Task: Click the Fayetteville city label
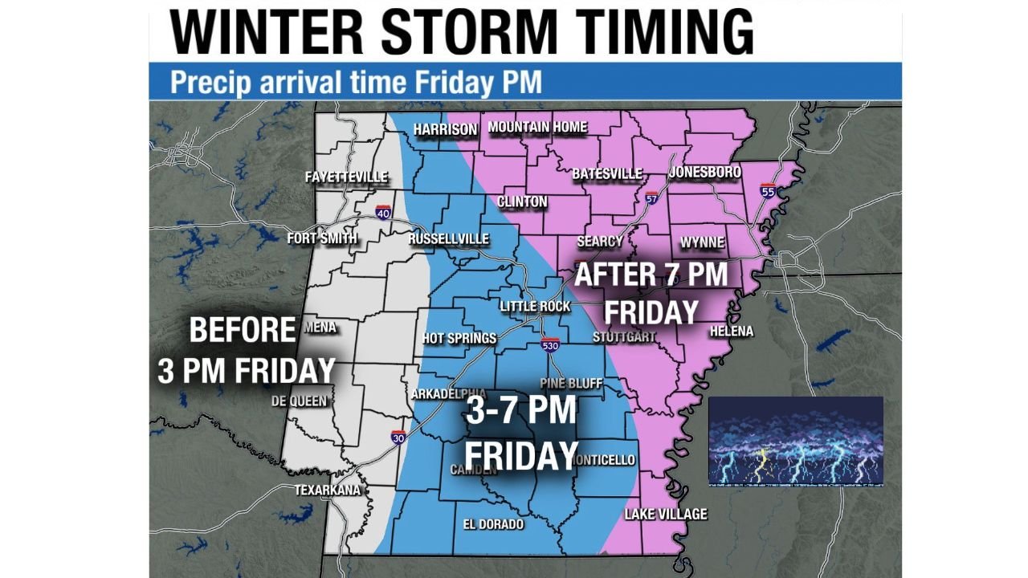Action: pos(346,177)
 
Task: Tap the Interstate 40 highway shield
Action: pos(383,212)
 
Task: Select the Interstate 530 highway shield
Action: pos(549,345)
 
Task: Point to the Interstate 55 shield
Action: pos(768,191)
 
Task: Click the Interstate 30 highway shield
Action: pos(398,438)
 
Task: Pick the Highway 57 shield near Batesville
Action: pos(651,197)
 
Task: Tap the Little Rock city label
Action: pos(535,306)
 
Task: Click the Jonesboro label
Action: pos(704,173)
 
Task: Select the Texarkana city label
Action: pos(327,490)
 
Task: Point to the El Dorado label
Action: pos(493,524)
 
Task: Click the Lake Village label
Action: pos(666,514)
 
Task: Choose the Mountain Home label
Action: pos(537,127)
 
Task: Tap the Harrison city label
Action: pos(445,129)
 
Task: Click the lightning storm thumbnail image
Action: pos(795,441)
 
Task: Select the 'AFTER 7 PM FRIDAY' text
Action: pos(651,293)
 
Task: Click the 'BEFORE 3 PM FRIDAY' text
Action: pos(245,350)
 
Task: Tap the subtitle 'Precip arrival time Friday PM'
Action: pos(356,82)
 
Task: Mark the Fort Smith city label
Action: pos(322,238)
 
